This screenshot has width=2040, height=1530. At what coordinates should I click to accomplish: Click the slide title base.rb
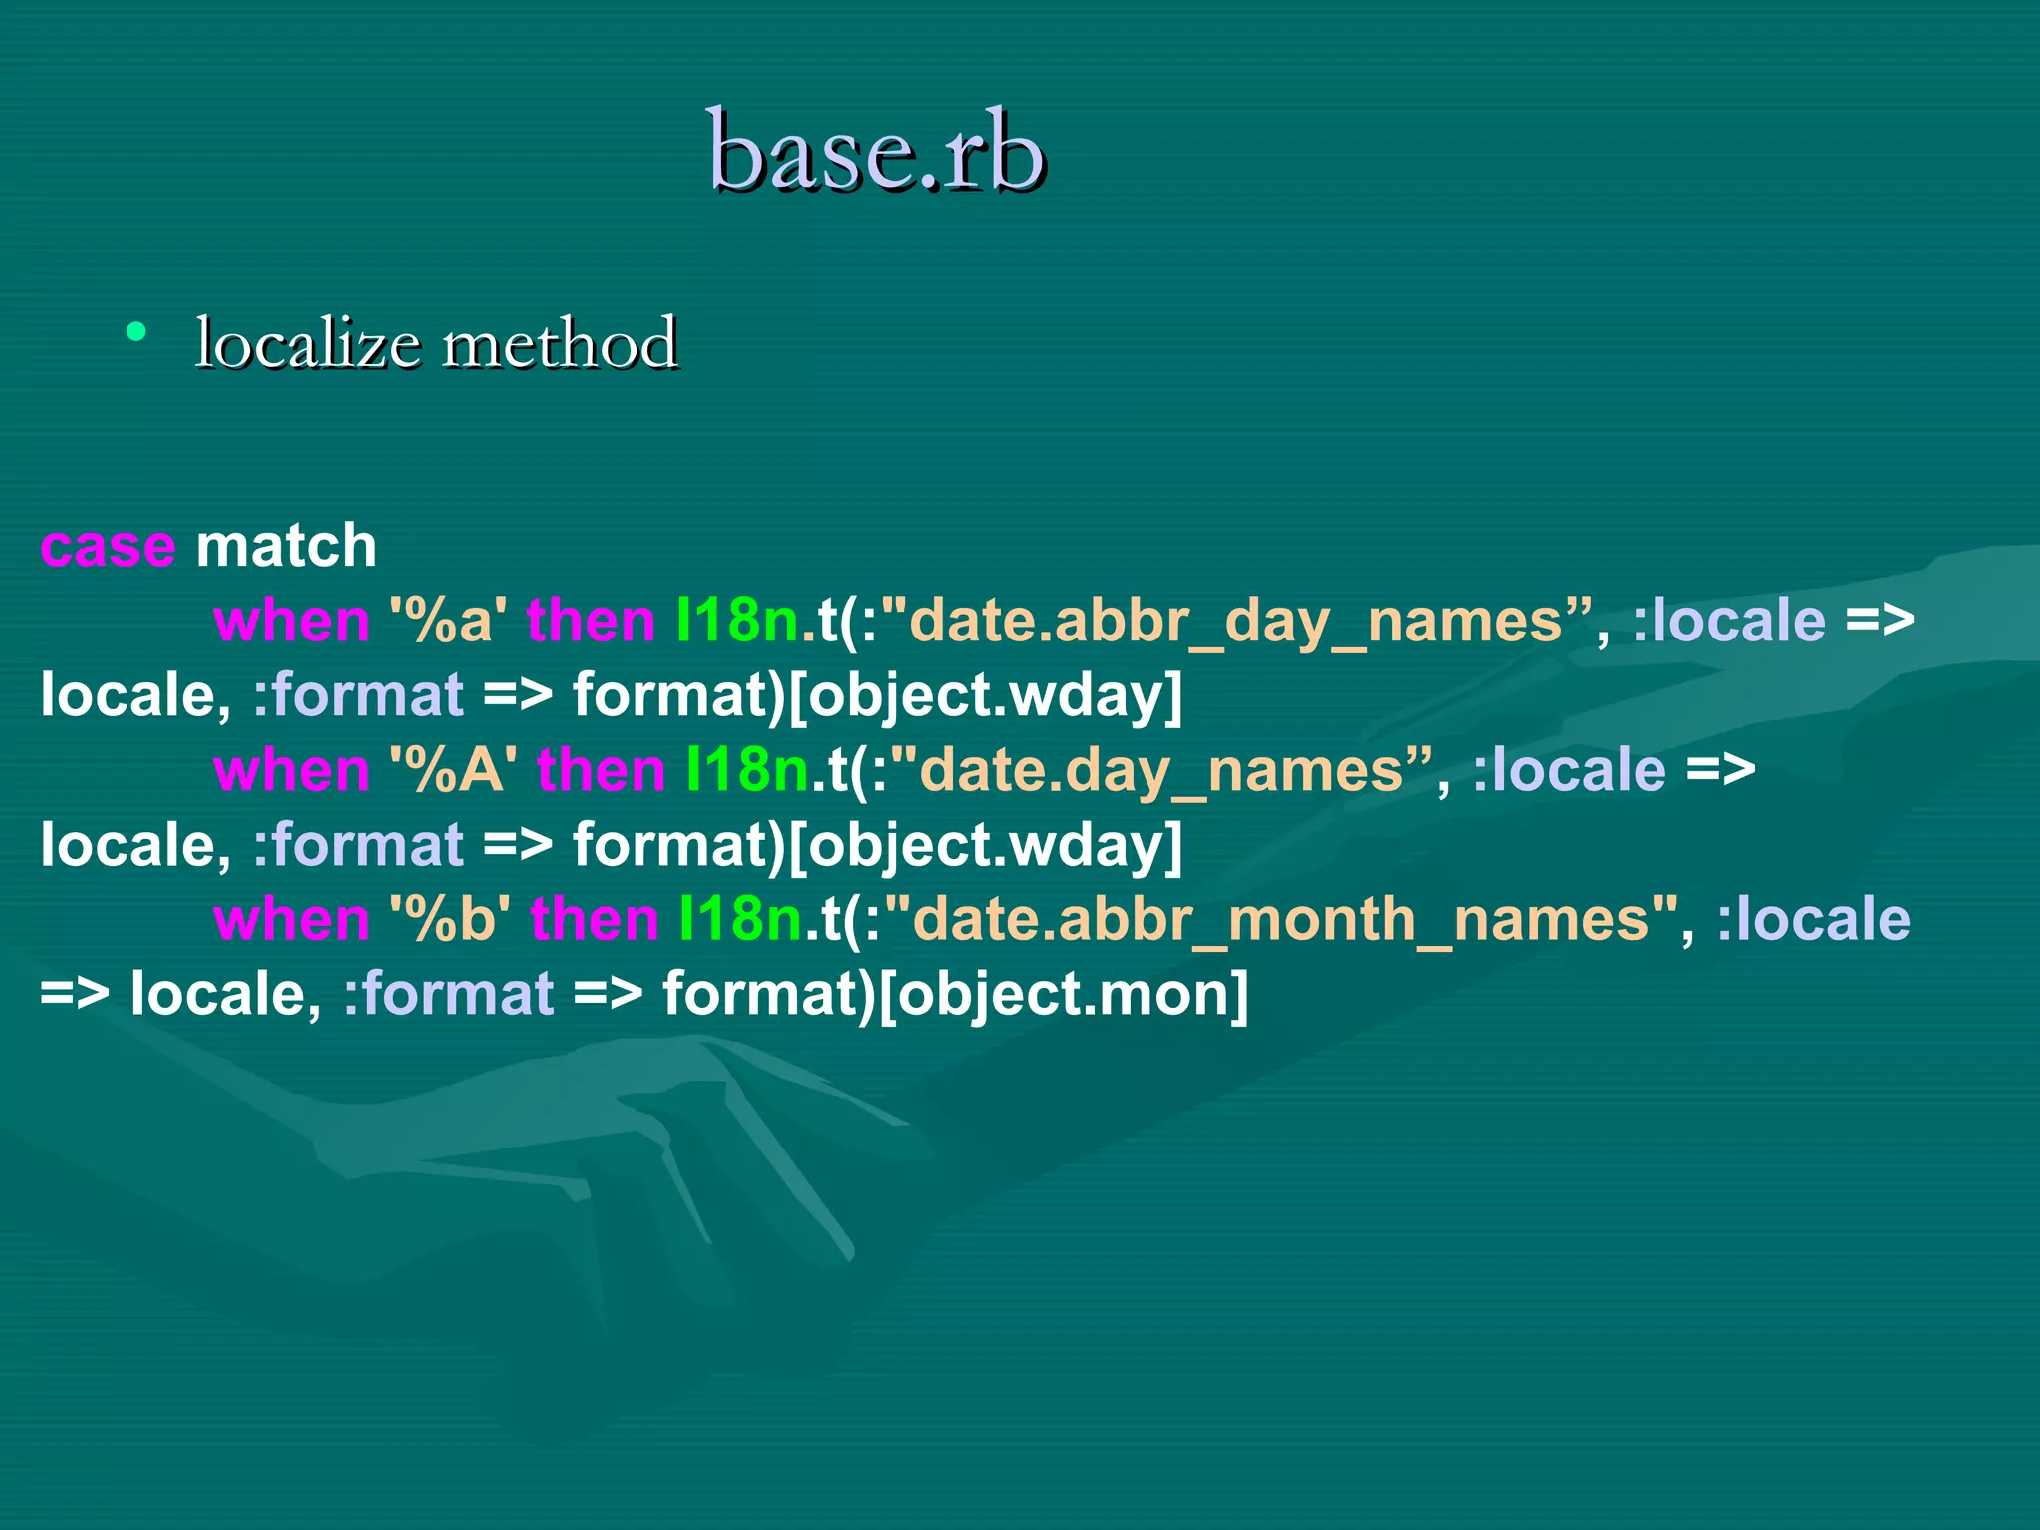(x=876, y=151)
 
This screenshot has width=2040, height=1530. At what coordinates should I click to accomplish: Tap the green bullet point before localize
(x=137, y=332)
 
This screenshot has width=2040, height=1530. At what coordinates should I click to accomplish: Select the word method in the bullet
(x=560, y=344)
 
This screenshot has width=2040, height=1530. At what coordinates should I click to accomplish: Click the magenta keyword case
(x=108, y=547)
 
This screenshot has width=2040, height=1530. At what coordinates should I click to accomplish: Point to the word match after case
(x=286, y=547)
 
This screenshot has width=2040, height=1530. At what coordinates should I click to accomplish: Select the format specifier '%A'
(x=453, y=771)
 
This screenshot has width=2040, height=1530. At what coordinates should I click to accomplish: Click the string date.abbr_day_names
(x=1235, y=622)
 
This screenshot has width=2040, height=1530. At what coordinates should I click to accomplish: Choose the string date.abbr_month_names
(x=1280, y=920)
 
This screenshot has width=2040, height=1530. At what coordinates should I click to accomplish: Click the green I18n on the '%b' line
(x=739, y=920)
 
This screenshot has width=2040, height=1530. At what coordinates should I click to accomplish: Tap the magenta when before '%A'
(x=291, y=771)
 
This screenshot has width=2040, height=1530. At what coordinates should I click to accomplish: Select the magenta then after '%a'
(x=591, y=622)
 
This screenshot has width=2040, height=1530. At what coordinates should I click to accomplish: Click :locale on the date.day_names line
(x=1569, y=771)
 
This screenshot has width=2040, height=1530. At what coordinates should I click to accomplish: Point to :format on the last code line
(x=448, y=995)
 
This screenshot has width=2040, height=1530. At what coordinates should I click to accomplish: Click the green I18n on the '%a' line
(x=737, y=622)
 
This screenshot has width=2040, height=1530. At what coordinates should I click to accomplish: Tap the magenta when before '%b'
(x=291, y=920)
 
